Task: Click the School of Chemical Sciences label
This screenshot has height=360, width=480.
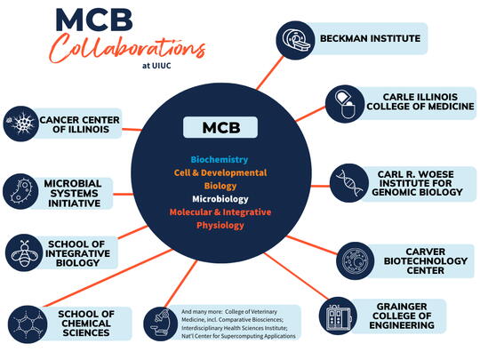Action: click(85, 323)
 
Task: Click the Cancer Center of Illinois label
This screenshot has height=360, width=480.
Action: click(79, 124)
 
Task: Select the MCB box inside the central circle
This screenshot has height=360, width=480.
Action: click(220, 127)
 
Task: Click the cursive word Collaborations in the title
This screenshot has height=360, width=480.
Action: click(128, 49)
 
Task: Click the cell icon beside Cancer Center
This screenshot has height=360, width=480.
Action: click(19, 122)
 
